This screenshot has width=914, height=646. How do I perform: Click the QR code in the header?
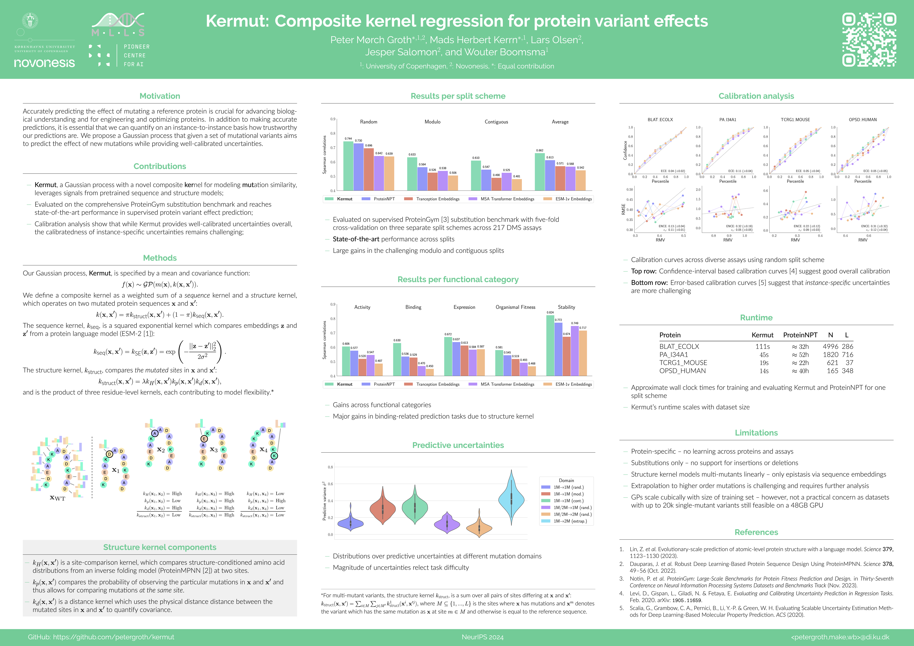tap(869, 39)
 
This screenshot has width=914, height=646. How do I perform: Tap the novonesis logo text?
tap(44, 63)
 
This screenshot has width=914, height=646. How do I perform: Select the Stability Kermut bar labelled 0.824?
tap(550, 345)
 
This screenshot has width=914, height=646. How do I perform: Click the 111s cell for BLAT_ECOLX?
tap(762, 347)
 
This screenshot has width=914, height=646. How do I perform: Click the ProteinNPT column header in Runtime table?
tap(800, 335)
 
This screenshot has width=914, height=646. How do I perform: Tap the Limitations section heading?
tap(756, 433)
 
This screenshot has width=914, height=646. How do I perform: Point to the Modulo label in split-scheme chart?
tap(432, 122)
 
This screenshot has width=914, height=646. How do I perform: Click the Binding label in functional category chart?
tap(413, 307)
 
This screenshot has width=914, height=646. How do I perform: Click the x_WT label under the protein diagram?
tap(57, 498)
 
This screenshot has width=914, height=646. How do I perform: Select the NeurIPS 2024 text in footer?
tap(483, 637)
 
